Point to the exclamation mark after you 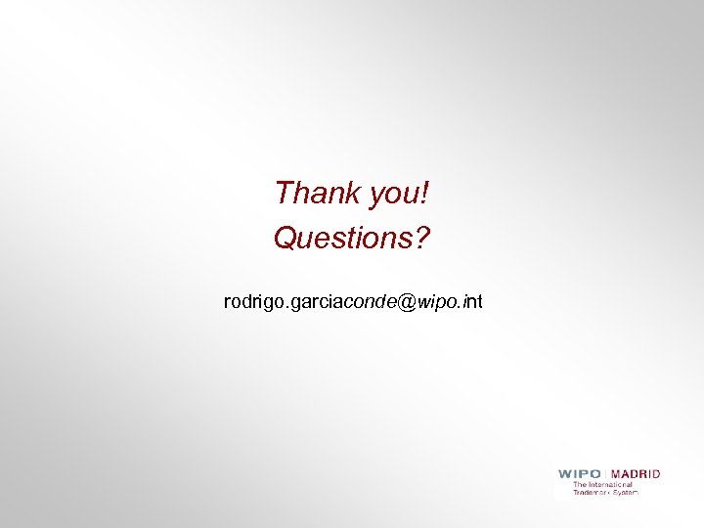tap(425, 194)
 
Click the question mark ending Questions tap(421, 238)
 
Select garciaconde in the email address tap(343, 303)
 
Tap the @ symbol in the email tap(408, 303)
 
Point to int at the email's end tap(472, 303)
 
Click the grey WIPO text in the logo tap(581, 474)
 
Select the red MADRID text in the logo tap(636, 474)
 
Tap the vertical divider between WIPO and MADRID tap(607, 474)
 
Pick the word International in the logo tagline tap(611, 484)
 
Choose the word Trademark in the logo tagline tap(591, 492)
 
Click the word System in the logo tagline tap(625, 492)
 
